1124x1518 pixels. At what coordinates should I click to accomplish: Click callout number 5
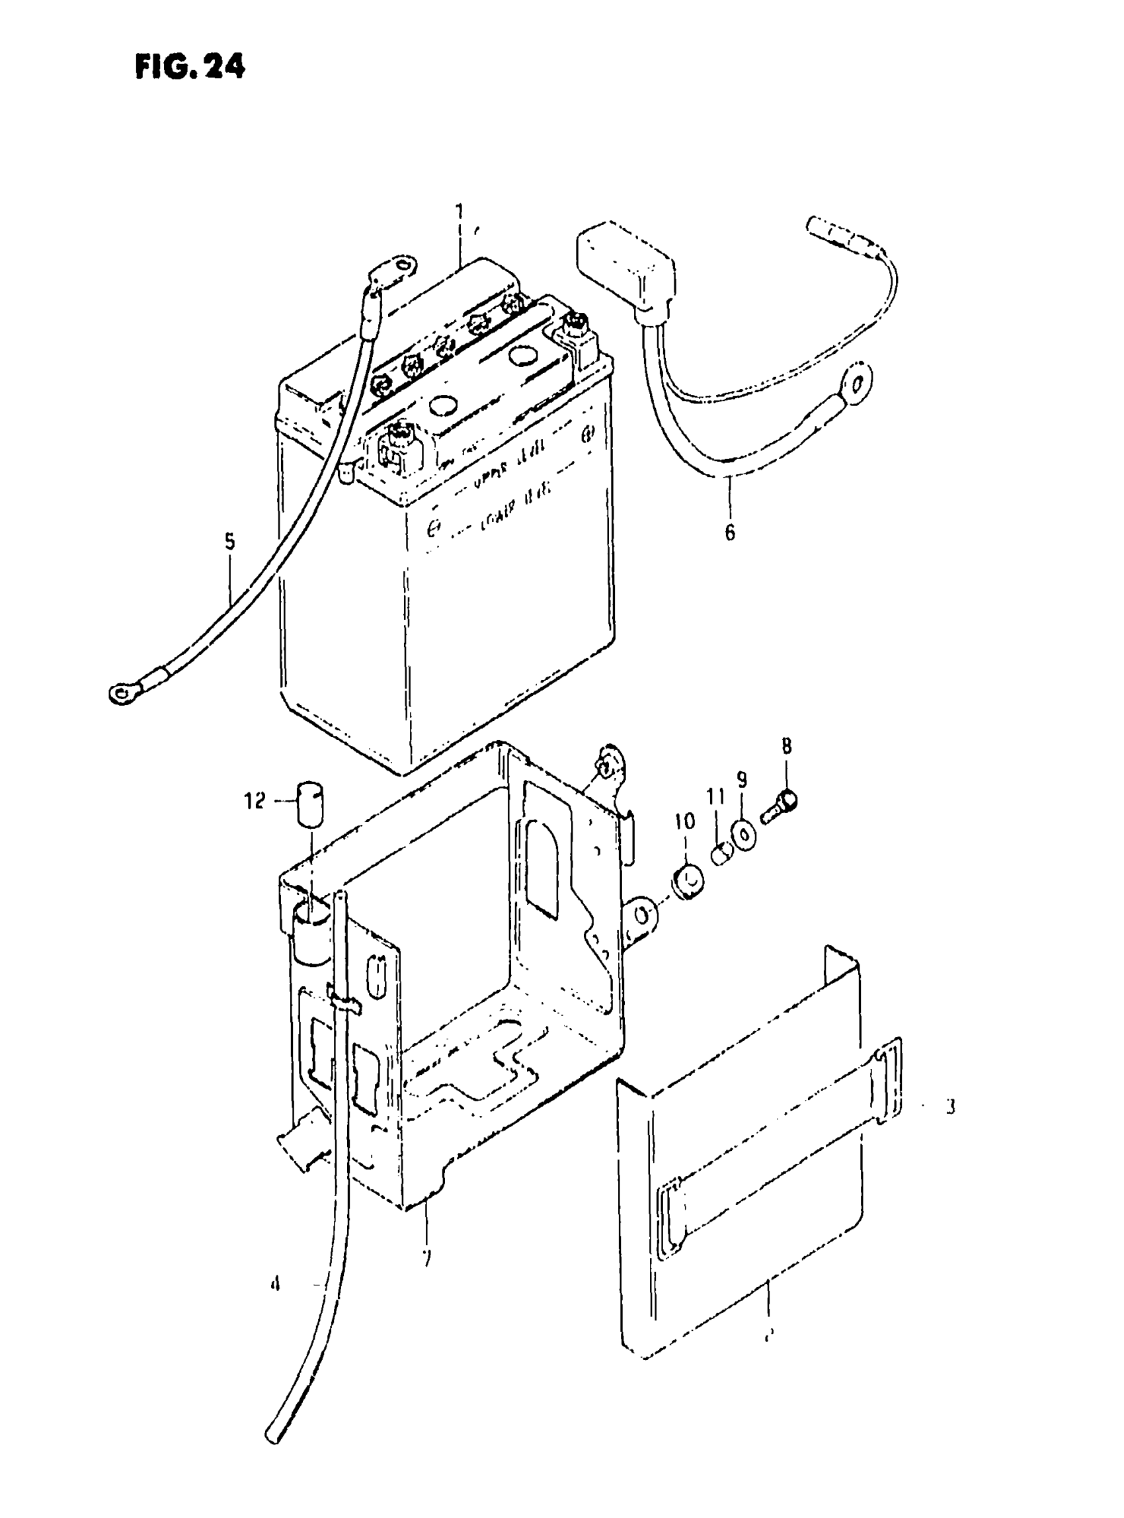[230, 542]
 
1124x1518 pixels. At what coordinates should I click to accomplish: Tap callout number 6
[729, 532]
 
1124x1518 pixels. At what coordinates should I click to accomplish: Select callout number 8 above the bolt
[787, 747]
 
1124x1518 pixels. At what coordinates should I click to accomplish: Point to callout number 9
[742, 779]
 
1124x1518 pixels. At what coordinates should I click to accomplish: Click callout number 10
[685, 822]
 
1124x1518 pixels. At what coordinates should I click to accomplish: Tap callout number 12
[255, 802]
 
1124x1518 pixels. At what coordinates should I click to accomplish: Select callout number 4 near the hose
[276, 1285]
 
